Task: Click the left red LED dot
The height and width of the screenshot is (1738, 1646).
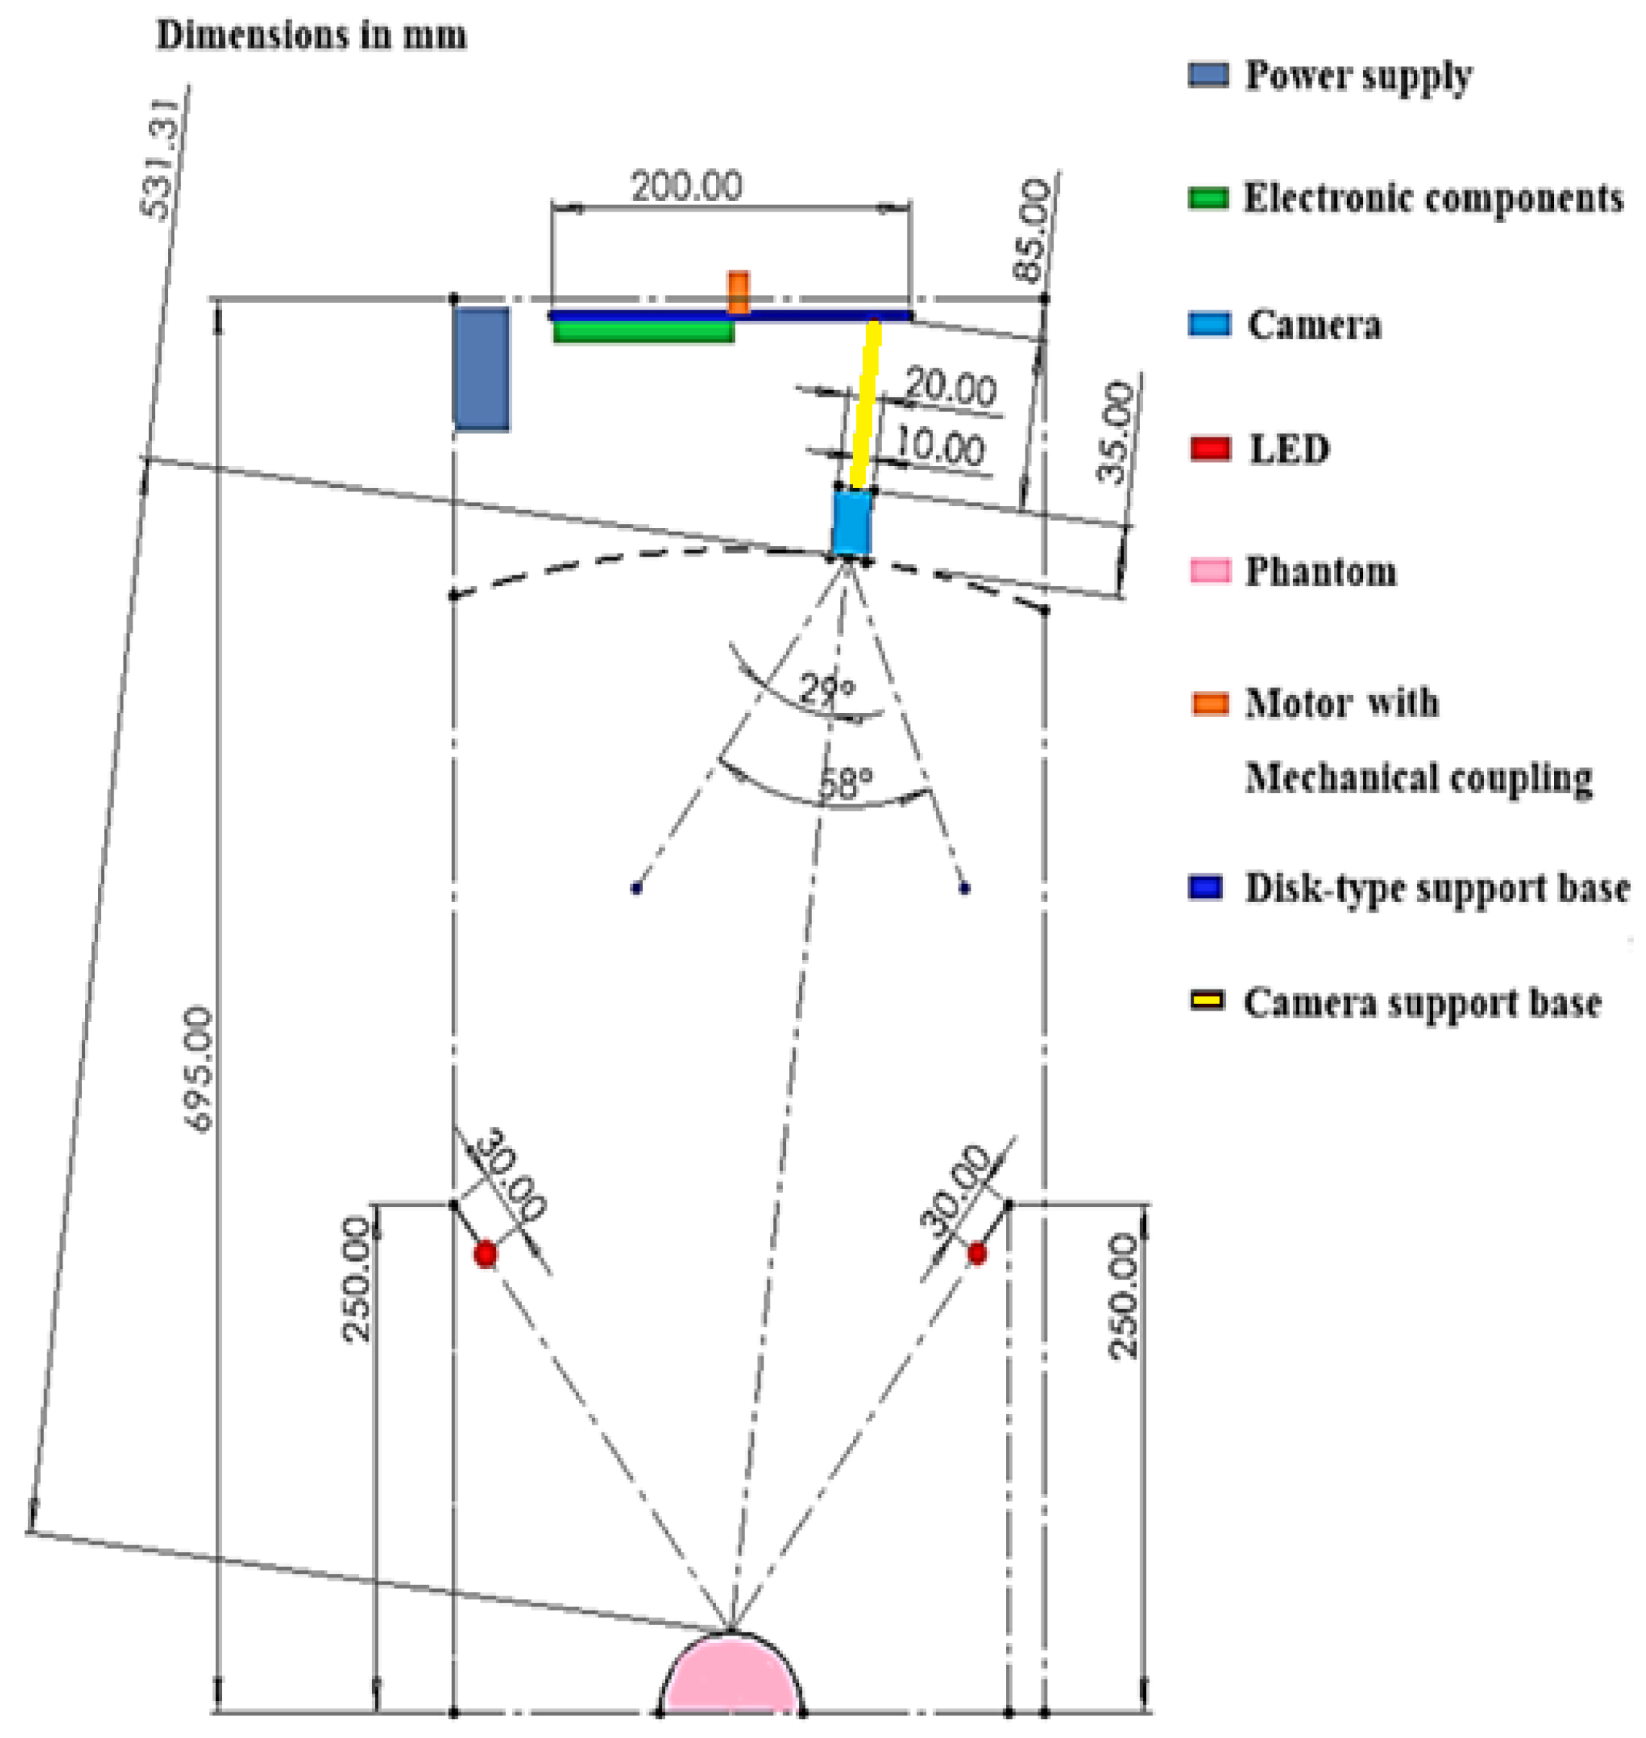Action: tap(485, 1255)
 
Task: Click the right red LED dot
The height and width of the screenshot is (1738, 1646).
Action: tap(977, 1255)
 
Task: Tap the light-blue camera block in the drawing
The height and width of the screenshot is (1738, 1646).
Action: tap(850, 523)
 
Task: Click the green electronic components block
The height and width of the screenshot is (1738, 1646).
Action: tap(644, 331)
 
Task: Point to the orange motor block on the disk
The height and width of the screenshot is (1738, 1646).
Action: tap(739, 292)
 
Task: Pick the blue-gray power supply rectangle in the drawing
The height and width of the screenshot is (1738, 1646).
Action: tap(481, 368)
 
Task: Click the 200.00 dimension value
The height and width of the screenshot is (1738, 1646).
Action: tap(687, 186)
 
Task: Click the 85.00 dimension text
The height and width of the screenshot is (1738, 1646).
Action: tap(1030, 230)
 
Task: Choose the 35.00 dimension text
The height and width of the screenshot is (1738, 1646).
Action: tap(1115, 432)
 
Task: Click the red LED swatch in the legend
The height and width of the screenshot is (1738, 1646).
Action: tap(1210, 448)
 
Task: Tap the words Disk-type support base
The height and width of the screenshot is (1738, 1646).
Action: tap(1437, 888)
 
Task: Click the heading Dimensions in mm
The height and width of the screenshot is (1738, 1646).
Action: tap(312, 36)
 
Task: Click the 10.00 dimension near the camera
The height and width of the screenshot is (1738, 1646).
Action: tap(939, 448)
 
